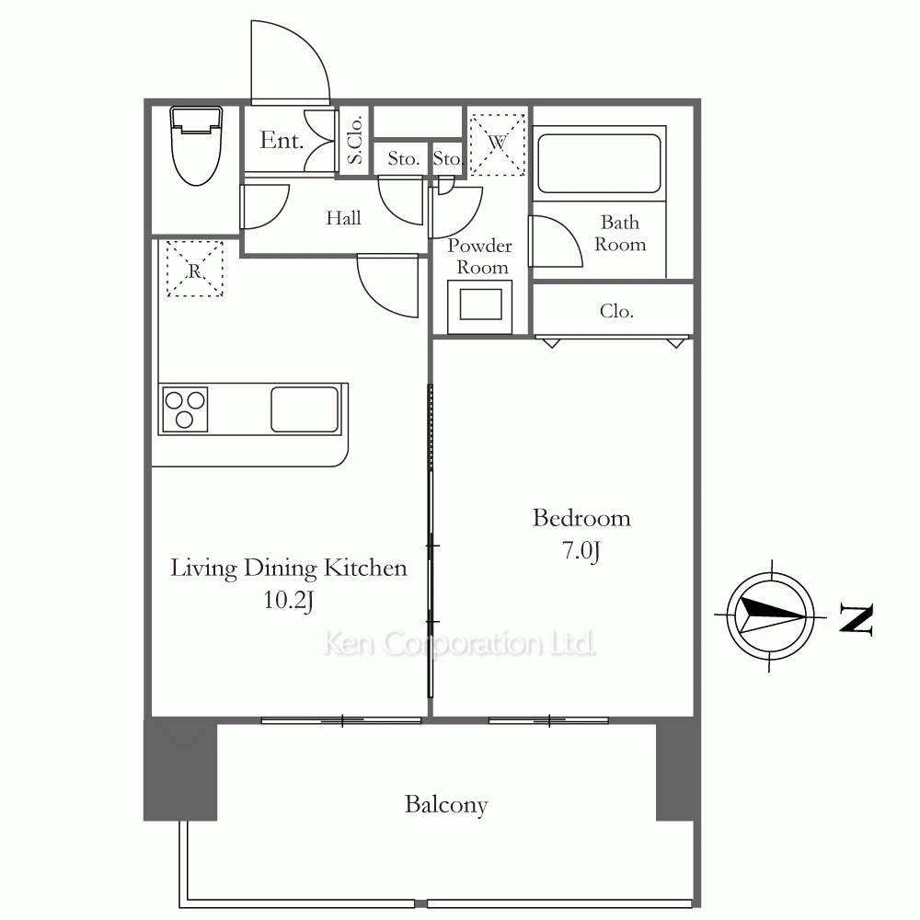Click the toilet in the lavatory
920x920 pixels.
[197, 145]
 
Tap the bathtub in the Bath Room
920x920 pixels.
[599, 163]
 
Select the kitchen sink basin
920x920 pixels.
[305, 409]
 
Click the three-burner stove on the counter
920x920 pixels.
[184, 409]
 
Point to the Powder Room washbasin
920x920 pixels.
[480, 306]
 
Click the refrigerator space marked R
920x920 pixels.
[195, 269]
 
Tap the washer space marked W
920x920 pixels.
[497, 144]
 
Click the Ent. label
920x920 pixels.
[282, 140]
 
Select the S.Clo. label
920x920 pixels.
[354, 140]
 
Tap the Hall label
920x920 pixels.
[343, 218]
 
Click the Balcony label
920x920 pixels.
[446, 805]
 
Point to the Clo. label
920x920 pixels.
[616, 311]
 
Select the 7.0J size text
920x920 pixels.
[581, 551]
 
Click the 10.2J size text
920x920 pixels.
[288, 600]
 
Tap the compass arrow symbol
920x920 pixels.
[770, 616]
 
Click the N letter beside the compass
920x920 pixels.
[857, 618]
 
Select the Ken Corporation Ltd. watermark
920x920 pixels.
[459, 643]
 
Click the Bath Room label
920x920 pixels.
[620, 233]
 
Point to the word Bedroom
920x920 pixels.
[581, 518]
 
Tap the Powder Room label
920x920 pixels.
[480, 256]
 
